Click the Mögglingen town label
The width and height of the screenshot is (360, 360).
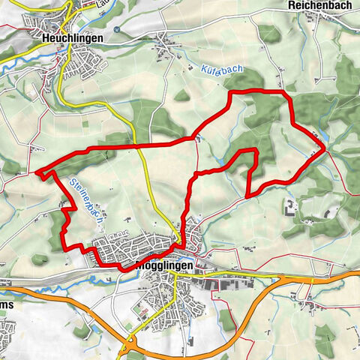166,266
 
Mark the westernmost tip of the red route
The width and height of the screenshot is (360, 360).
37,172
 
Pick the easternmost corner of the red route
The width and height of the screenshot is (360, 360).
325,148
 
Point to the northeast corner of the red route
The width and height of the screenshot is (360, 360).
288,94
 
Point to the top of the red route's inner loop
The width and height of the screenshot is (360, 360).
250,151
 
